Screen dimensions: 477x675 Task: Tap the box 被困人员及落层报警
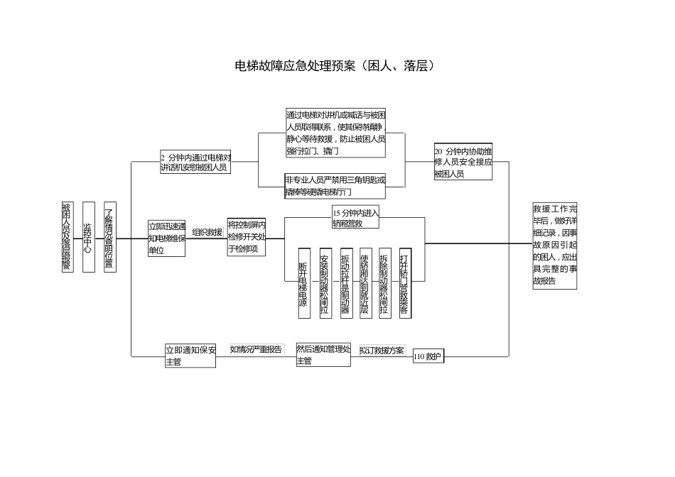[66, 237]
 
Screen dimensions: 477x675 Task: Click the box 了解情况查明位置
[109, 237]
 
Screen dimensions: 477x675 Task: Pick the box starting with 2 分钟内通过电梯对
[195, 163]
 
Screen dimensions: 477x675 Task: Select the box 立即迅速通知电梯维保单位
[167, 238]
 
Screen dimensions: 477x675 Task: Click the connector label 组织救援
[207, 232]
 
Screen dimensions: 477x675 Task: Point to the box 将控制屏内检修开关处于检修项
[246, 237]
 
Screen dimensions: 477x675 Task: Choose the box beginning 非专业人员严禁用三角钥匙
[335, 186]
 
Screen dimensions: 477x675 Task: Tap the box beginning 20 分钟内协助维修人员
[463, 163]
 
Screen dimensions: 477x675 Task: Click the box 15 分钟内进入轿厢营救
[355, 218]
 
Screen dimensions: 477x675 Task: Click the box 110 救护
[428, 357]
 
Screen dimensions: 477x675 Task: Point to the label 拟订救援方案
[382, 351]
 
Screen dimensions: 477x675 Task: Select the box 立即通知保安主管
[190, 356]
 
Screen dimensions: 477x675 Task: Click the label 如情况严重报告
[256, 349]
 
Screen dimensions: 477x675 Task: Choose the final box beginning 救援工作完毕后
[555, 246]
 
